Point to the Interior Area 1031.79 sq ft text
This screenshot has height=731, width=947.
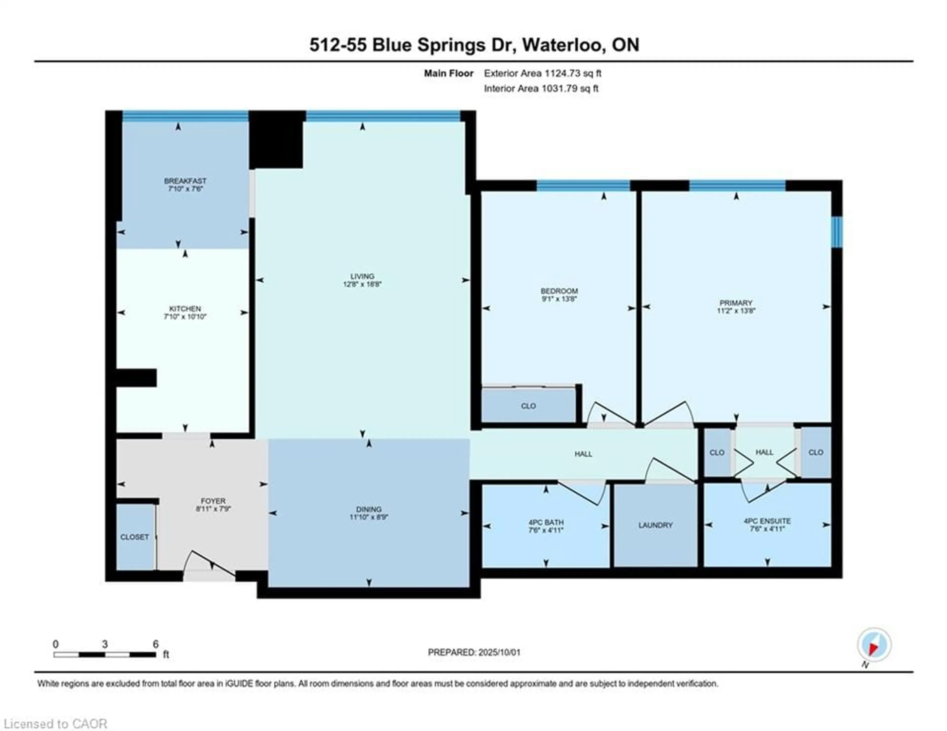[541, 89]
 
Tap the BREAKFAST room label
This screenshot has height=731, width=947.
[185, 181]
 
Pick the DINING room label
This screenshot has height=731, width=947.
[369, 509]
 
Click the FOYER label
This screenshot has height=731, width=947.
[213, 501]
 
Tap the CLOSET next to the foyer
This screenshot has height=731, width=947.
[134, 537]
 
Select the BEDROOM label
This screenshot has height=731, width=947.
[559, 291]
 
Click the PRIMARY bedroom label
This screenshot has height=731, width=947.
[736, 303]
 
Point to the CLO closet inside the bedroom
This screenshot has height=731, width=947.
[528, 406]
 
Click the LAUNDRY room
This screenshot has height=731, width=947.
[655, 525]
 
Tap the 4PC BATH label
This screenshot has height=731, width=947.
[546, 522]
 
